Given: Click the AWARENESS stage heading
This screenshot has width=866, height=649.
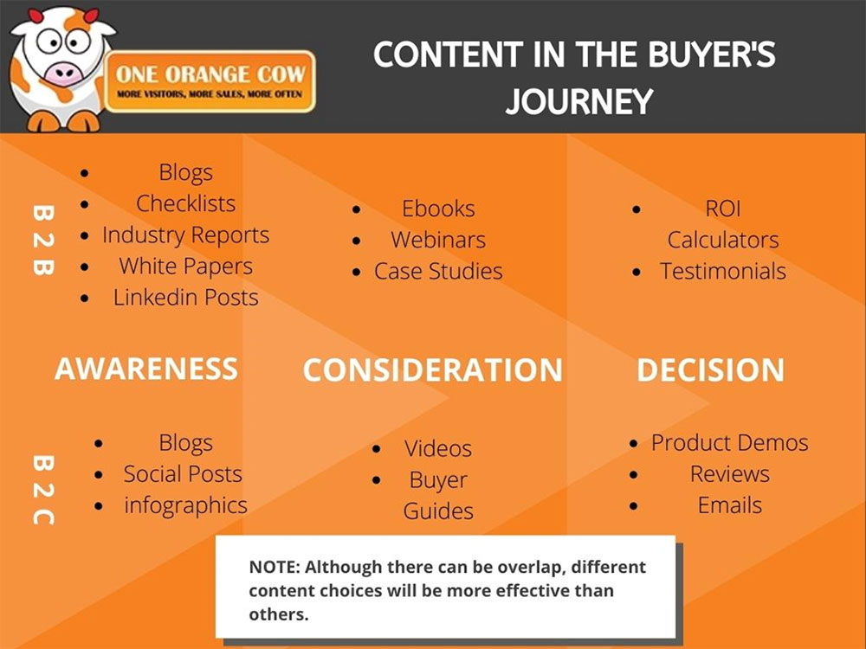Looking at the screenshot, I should click(x=145, y=369).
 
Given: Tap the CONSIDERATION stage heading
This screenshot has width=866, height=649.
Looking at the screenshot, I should click(x=432, y=370).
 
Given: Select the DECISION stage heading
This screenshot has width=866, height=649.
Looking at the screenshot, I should click(x=710, y=370).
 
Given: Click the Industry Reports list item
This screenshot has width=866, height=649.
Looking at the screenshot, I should click(x=185, y=235).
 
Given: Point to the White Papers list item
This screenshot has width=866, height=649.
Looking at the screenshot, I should click(x=185, y=267).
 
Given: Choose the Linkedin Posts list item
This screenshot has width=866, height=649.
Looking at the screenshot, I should click(x=185, y=298).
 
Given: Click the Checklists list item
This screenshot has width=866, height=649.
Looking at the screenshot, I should click(x=185, y=204).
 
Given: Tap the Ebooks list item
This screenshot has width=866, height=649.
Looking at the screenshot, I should click(x=438, y=209).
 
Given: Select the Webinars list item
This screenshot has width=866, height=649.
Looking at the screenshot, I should click(x=438, y=240).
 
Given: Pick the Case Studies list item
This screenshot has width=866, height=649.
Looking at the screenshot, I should click(x=438, y=271).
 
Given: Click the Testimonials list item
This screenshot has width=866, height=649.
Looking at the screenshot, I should click(x=723, y=271).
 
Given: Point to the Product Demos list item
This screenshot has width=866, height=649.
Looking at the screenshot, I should click(x=729, y=443).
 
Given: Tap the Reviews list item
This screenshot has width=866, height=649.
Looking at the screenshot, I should click(x=729, y=474).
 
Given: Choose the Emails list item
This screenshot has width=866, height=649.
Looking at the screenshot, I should click(x=729, y=505).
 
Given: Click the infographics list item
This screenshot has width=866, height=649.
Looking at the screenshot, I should click(x=185, y=505).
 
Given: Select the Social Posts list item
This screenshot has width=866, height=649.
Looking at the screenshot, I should click(x=183, y=474).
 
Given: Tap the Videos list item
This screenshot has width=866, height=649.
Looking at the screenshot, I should click(x=438, y=449).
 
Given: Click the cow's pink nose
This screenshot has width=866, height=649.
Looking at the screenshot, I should click(x=62, y=73).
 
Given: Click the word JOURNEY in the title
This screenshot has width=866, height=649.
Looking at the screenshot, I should click(x=578, y=101).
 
